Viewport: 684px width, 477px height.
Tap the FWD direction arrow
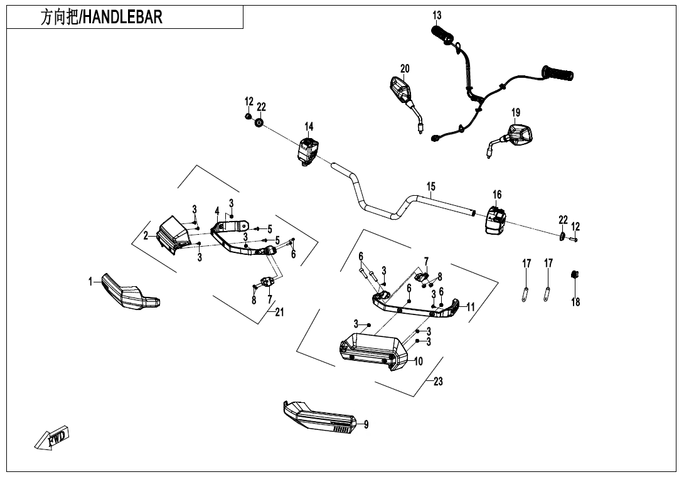pos(53,437)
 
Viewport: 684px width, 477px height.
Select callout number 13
pos(437,15)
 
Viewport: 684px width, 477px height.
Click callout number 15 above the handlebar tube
pos(431,187)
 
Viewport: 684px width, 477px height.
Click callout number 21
pos(279,313)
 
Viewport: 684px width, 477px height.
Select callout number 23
pos(438,381)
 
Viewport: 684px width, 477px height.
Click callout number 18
pos(575,302)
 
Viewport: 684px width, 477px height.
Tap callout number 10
pos(418,362)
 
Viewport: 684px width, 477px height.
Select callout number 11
pos(471,307)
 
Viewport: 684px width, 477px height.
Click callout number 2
pos(146,236)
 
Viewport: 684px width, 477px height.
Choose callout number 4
pos(217,212)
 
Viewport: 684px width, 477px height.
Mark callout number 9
pos(366,425)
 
